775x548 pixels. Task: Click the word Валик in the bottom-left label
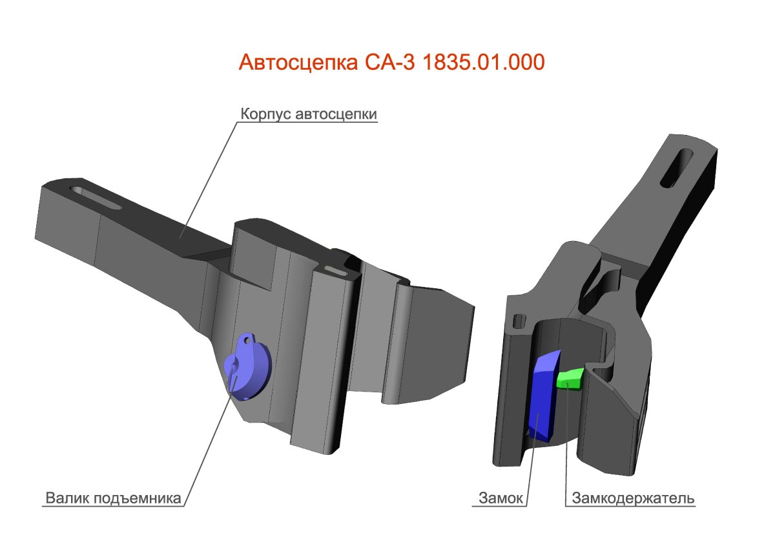[x=67, y=499]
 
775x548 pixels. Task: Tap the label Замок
[x=501, y=499]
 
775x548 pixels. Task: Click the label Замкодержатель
[x=632, y=499]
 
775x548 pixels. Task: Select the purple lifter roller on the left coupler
[x=249, y=368]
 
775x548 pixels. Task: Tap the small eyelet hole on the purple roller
[x=247, y=337]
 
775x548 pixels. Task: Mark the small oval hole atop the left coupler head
[x=335, y=269]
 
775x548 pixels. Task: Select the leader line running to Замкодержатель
[x=566, y=446]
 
